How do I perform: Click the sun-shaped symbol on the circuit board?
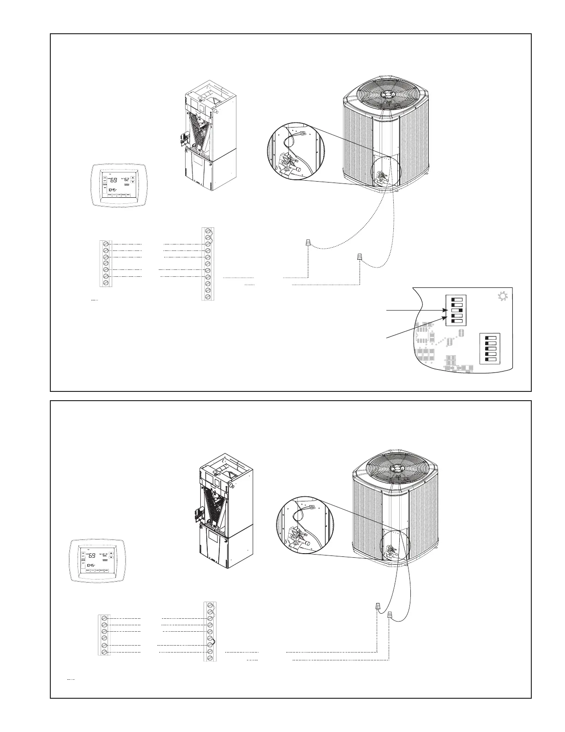(503, 297)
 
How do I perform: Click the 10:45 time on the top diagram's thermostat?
(112, 189)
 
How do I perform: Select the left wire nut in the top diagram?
(308, 243)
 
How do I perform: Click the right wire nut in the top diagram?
(360, 257)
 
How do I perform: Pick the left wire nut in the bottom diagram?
(377, 606)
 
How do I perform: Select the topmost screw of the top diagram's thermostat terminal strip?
(106, 244)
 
